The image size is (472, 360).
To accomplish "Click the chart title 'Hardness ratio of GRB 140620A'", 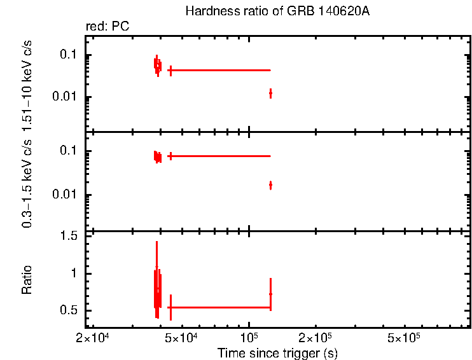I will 277,11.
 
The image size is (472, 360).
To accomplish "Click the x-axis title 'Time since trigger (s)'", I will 277,353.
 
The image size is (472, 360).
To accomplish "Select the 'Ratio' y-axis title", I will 27,279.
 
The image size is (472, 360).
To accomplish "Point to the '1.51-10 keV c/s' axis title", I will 27,85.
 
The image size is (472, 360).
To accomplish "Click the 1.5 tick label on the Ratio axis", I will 70,236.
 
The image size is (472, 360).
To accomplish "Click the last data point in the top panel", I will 270,93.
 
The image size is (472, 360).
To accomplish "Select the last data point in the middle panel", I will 270,185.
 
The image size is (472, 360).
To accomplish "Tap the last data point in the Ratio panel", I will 270,294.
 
